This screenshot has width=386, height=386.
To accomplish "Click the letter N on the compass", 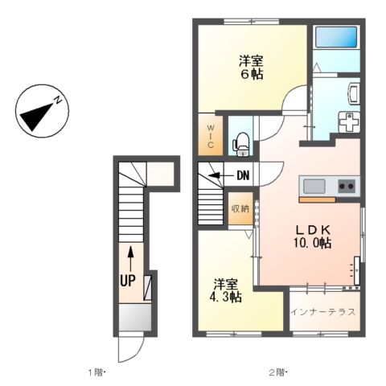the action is (x=58, y=101).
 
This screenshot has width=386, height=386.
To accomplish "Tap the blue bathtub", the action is (x=336, y=37).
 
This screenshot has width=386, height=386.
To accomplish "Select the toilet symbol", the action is (x=241, y=144).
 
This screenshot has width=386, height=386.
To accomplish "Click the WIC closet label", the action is (x=211, y=137).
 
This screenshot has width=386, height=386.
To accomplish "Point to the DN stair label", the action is (x=243, y=175).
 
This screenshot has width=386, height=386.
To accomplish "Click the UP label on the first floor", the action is (x=127, y=281).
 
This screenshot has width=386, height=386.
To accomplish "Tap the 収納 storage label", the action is (x=240, y=209).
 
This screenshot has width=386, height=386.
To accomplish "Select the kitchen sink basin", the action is (x=314, y=186).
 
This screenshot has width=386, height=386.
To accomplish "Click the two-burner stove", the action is (x=347, y=186).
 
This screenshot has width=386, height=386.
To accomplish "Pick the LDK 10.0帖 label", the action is (x=312, y=236).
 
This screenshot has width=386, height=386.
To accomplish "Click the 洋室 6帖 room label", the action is (x=251, y=68).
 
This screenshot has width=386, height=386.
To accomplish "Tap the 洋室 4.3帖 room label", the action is (x=226, y=290).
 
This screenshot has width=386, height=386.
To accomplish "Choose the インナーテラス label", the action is (x=323, y=312).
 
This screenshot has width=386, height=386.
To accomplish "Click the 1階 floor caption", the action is (x=96, y=372).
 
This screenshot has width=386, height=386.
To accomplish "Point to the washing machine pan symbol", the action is (x=349, y=122).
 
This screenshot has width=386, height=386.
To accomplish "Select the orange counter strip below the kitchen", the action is (x=318, y=199).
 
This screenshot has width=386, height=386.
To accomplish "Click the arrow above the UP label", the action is (x=130, y=259).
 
